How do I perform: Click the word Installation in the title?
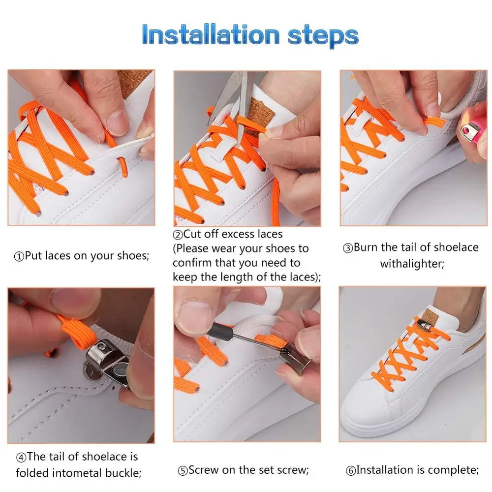pos(211,34)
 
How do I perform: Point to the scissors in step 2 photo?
pos(233,100)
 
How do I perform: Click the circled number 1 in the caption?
pos(19,257)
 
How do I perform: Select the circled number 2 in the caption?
pos(178,235)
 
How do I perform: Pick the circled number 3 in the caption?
pos(348,248)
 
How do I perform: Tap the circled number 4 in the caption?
pos(21,457)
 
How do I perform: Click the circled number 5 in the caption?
pos(183,471)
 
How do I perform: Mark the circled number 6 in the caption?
pos(350,471)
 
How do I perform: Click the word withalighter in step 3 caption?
pos(412,264)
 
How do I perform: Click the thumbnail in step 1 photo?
pos(118,122)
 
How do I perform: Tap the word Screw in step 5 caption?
pos(203,470)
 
